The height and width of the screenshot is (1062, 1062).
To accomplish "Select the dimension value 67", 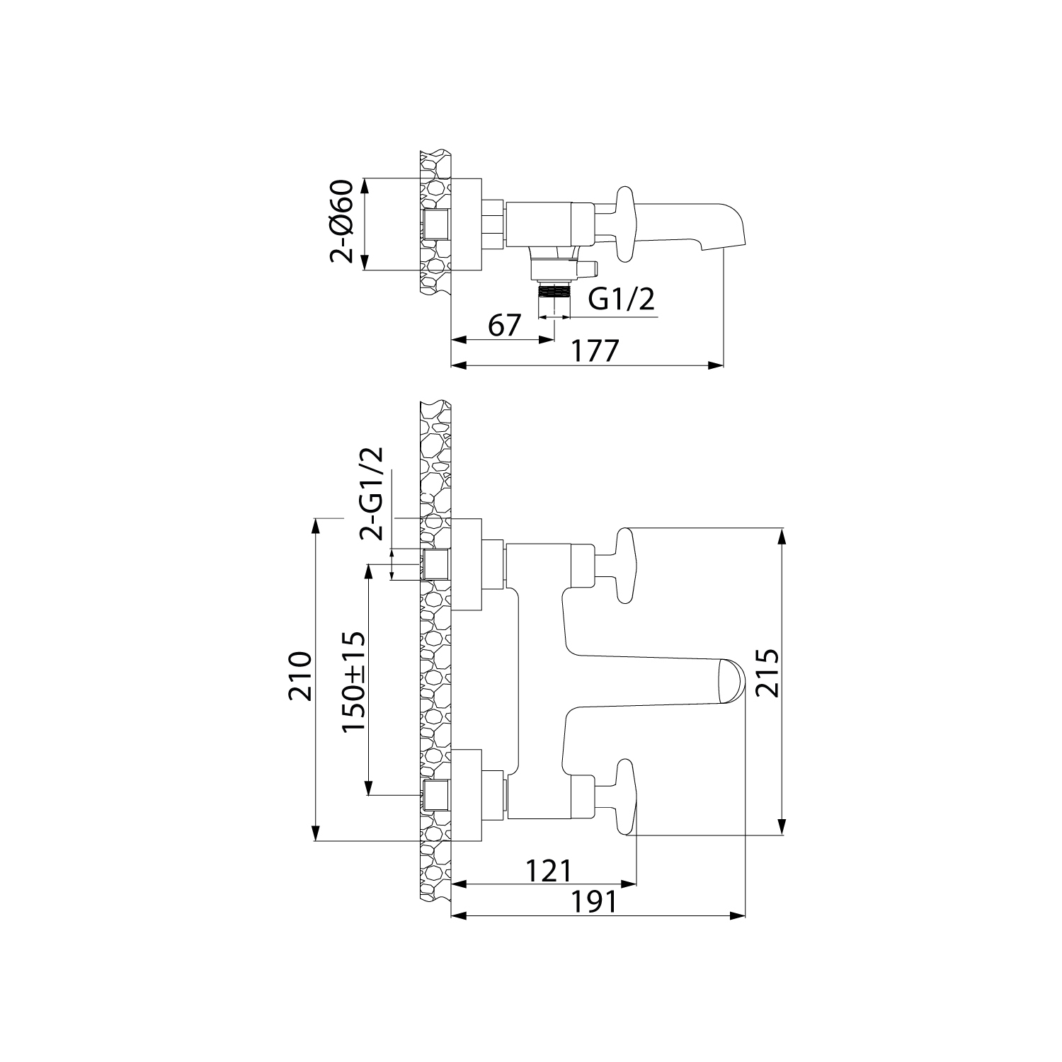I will click(x=504, y=326).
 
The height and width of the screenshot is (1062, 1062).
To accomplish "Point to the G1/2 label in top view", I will click(x=622, y=299).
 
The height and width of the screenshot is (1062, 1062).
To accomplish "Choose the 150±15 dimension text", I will click(x=354, y=682).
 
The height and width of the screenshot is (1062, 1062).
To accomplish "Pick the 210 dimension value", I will click(x=300, y=676).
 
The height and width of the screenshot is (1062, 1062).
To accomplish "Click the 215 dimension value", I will click(x=767, y=673).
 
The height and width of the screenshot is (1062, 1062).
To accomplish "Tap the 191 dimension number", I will click(x=593, y=901).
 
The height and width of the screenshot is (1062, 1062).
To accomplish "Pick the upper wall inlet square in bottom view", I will click(x=435, y=565).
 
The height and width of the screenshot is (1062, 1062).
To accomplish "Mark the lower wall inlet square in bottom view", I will click(x=435, y=796).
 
